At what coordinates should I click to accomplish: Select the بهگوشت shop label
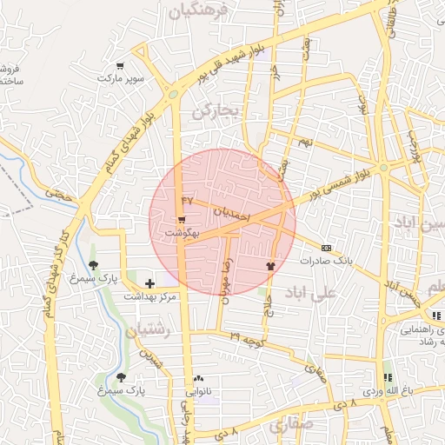click(x=182, y=234)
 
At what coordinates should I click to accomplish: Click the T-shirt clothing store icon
click(x=270, y=265)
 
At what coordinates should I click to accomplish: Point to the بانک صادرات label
click(x=325, y=260)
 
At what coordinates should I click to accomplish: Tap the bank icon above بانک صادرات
click(x=326, y=247)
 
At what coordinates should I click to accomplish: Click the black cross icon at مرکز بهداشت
click(x=150, y=282)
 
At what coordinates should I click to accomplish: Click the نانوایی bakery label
click(x=199, y=392)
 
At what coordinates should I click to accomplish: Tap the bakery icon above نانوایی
click(x=199, y=379)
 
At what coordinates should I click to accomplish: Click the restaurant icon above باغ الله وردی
click(x=388, y=377)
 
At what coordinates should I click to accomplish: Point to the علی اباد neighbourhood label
click(x=315, y=292)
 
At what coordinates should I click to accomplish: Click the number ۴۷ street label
click(x=186, y=200)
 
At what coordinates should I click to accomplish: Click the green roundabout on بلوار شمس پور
click(x=383, y=168)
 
